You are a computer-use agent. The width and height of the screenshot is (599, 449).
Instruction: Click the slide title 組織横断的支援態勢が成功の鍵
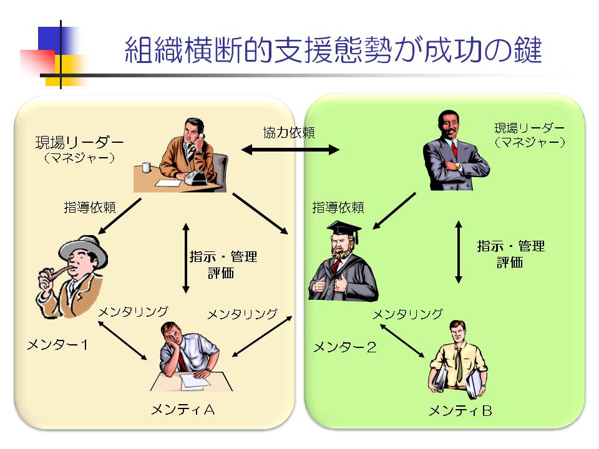tap(333, 50)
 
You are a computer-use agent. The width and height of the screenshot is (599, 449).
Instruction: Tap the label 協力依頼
tap(289, 132)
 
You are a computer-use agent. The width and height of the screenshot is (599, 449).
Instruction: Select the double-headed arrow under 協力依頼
tap(290, 150)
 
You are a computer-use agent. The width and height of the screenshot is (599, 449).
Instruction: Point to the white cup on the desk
tap(146, 167)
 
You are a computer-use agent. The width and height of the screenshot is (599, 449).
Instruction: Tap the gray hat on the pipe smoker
tap(83, 250)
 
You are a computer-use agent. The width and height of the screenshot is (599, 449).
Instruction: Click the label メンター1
tap(57, 345)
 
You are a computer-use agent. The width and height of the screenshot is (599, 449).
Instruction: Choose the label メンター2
tap(345, 347)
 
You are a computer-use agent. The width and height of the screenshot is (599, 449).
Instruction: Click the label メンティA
tap(183, 410)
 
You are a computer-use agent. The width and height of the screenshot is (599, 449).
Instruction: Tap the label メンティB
tap(460, 411)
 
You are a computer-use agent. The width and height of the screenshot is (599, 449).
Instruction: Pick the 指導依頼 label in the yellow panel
tap(90, 207)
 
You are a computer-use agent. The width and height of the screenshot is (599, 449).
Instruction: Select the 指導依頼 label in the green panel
tap(338, 207)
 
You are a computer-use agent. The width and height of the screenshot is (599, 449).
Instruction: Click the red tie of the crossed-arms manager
tap(454, 150)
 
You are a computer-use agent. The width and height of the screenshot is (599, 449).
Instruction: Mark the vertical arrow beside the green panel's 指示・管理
tap(459, 252)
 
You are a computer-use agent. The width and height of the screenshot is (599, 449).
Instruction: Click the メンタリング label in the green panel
tap(407, 314)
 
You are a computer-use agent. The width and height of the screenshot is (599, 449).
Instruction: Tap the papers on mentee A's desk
tap(195, 382)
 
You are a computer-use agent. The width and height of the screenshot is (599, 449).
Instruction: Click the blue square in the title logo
tap(54, 40)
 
